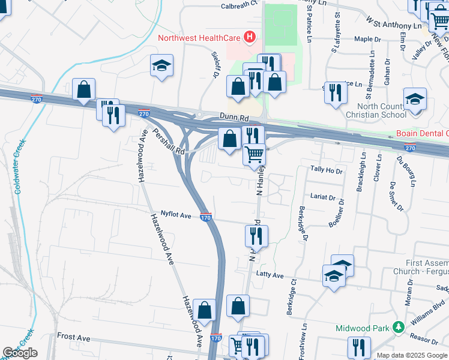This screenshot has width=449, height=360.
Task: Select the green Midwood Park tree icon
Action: [397, 328]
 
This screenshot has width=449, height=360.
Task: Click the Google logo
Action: [20, 353]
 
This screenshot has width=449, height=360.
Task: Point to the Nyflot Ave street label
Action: [175, 214]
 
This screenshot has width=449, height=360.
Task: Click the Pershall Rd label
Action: [167, 142]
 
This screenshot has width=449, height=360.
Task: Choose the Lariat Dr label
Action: [322, 196]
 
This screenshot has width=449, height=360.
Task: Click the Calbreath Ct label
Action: [238, 4]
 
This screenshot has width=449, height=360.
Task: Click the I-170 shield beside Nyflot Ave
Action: [205, 218]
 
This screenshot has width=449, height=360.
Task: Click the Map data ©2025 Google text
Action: [412, 355]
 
